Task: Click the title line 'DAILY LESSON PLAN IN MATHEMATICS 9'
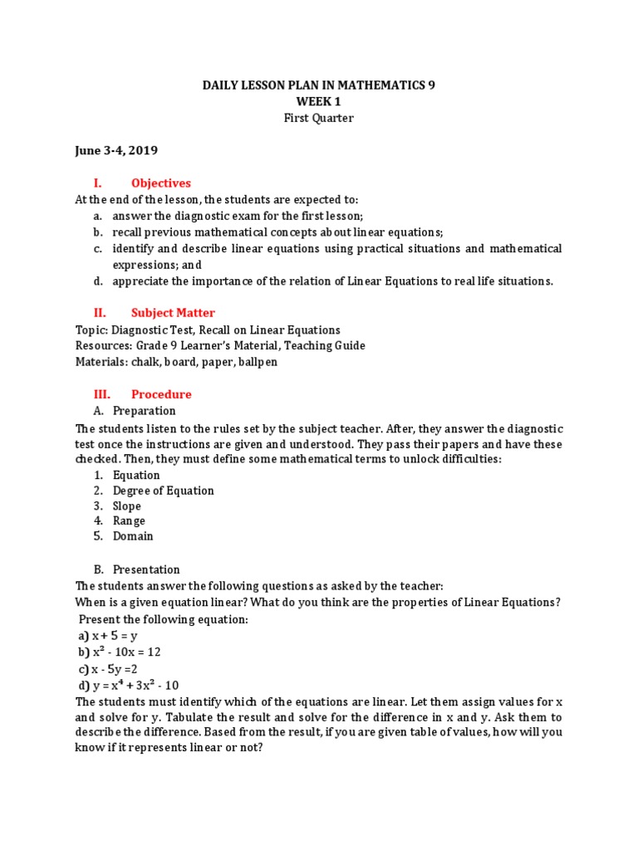point(319,85)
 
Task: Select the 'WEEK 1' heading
point(319,101)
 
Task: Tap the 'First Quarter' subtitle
point(319,118)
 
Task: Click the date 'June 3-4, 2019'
point(116,150)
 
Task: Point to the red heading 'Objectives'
point(160,183)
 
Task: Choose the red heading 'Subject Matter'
point(173,313)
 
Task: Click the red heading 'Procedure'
point(160,394)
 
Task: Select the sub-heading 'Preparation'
point(145,411)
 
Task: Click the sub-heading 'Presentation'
point(146,569)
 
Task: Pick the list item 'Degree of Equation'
point(163,491)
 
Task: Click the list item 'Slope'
point(127,506)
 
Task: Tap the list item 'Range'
point(129,521)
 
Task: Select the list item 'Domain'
point(133,536)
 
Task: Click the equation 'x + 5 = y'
point(114,636)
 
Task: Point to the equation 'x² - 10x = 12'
point(125,652)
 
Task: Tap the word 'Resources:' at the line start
point(103,345)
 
